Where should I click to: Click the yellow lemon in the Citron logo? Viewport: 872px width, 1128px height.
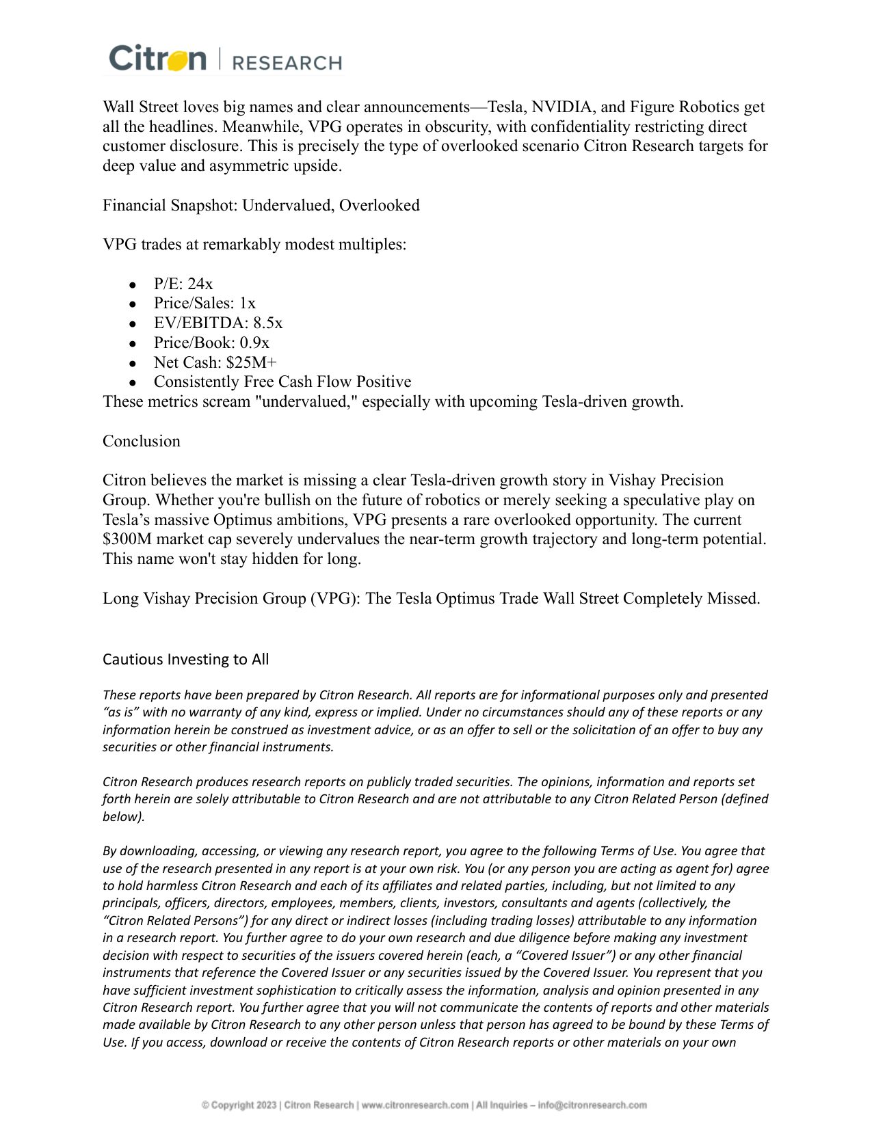(176, 60)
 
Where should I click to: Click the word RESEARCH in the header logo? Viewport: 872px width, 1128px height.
(287, 63)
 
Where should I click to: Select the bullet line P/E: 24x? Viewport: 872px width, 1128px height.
(183, 284)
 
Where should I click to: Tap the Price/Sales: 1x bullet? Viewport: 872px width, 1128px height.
(204, 303)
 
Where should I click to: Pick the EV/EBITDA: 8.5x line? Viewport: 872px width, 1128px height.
(217, 323)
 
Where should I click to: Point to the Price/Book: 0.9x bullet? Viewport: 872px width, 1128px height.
(211, 343)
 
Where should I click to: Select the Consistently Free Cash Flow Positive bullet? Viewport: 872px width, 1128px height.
(282, 381)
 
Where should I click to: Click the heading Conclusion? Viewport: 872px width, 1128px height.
(142, 441)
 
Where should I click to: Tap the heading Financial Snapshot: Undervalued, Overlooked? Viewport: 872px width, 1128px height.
(261, 205)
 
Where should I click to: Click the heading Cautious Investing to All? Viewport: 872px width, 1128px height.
(185, 659)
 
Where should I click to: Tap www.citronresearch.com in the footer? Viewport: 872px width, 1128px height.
(415, 1105)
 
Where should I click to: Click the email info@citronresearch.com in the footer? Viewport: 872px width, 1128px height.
(592, 1105)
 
